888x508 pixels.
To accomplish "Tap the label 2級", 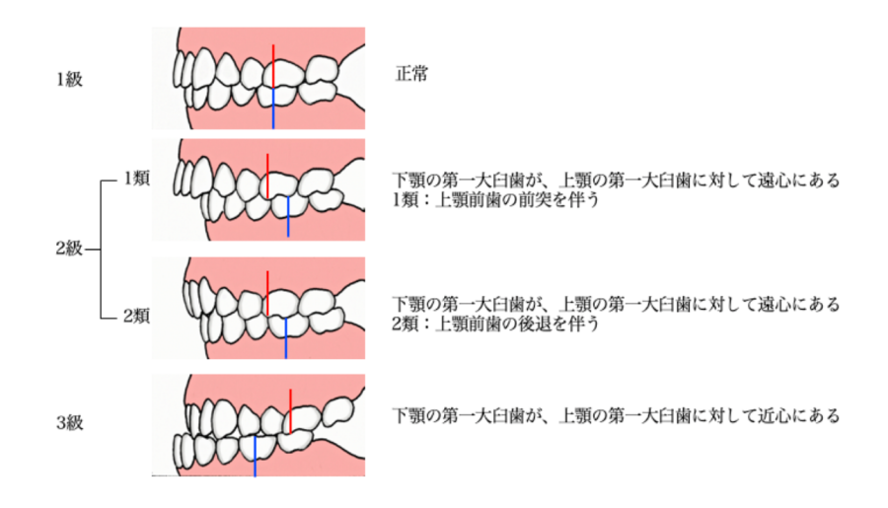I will pyautogui.click(x=68, y=250).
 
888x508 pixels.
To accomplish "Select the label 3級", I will pyautogui.click(x=69, y=423).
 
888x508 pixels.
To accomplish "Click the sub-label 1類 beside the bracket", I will pyautogui.click(x=135, y=180).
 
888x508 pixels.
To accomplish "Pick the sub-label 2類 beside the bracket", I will pyautogui.click(x=135, y=318).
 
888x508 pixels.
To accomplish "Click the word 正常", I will pyautogui.click(x=411, y=74).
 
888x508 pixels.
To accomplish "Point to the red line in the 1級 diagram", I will pyautogui.click(x=274, y=65).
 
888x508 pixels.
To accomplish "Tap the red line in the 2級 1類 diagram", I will pyautogui.click(x=266, y=175).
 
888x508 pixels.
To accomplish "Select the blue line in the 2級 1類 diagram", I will pyautogui.click(x=288, y=216).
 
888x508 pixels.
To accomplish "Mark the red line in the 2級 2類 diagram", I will pyautogui.click(x=266, y=292).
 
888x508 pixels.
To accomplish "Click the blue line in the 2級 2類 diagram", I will pyautogui.click(x=286, y=337).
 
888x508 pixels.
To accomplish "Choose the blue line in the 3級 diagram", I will pyautogui.click(x=255, y=456).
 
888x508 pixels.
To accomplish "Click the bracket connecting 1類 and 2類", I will pyautogui.click(x=103, y=250).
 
